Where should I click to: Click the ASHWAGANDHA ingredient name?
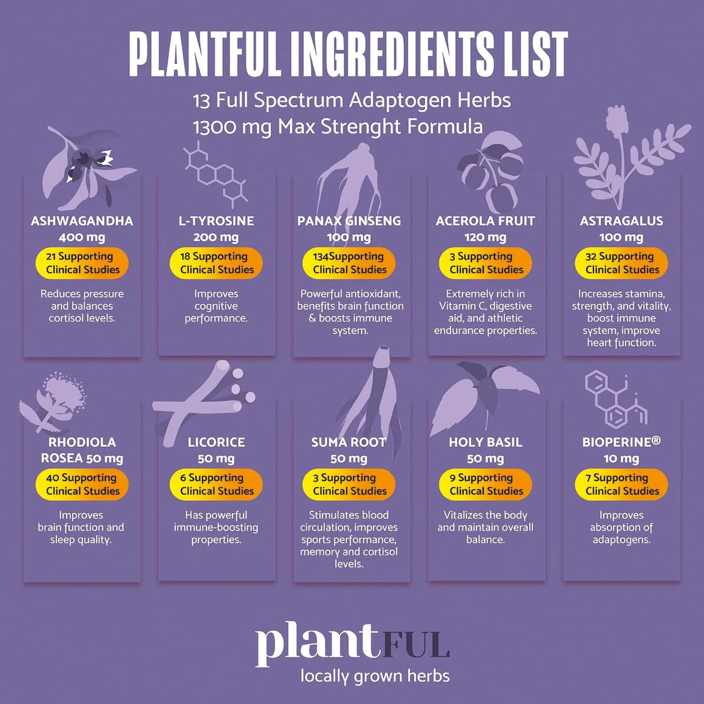82,221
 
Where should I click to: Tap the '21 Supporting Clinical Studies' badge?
82,263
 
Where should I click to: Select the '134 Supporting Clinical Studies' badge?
349,263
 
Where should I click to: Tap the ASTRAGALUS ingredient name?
621,221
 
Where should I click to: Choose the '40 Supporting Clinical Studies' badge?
82,484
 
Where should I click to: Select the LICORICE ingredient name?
216,442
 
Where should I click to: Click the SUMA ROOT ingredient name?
349,442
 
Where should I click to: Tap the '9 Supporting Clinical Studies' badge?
486,484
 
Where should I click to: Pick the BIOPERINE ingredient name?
621,442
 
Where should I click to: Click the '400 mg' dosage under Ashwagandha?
82,237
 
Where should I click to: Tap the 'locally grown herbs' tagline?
375,676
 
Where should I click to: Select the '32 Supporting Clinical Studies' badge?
622,263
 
